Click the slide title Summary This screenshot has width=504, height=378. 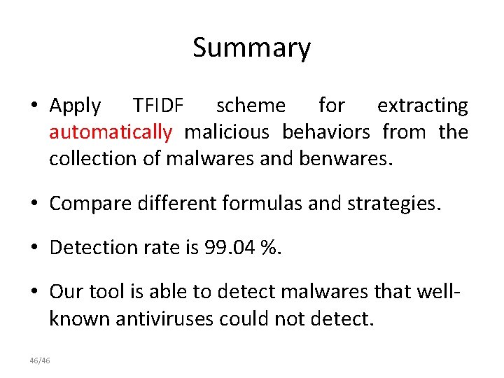click(x=251, y=48)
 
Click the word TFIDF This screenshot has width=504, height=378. click(x=158, y=106)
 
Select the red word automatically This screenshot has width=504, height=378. click(x=111, y=132)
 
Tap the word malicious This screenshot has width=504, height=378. click(x=226, y=132)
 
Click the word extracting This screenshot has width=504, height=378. click(x=422, y=106)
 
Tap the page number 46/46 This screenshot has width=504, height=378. click(x=40, y=360)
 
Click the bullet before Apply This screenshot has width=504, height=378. click(x=34, y=106)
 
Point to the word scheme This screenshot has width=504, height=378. click(x=251, y=106)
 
